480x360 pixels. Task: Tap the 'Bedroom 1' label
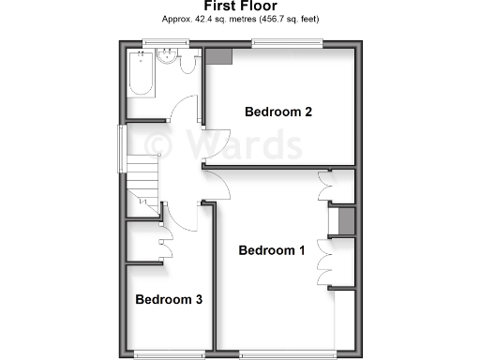pos(272,250)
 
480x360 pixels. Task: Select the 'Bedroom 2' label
pos(278,112)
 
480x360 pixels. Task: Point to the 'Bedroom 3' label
pos(169,300)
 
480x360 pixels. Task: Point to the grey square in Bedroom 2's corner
pos(220,57)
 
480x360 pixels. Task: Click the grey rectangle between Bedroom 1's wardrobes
pos(345,223)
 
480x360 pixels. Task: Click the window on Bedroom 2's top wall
pos(286,42)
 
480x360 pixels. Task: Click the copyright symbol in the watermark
pos(156,144)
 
